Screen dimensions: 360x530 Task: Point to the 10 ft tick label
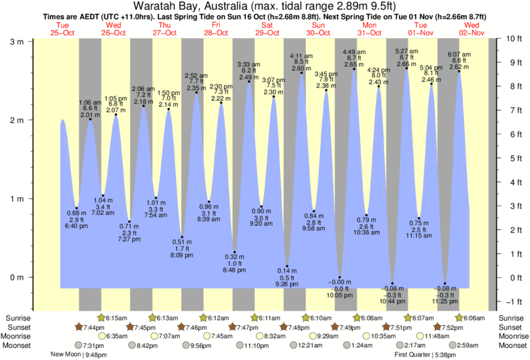[511, 39]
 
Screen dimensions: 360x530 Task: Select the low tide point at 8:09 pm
[181, 237]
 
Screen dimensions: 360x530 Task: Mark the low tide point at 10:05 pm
[340, 277]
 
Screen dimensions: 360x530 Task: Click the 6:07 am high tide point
[458, 71]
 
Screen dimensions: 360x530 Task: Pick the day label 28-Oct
[217, 33]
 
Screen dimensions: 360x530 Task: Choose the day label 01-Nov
[420, 33]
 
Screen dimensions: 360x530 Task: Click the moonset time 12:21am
[309, 345]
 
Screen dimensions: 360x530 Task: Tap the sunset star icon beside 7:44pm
[78, 327]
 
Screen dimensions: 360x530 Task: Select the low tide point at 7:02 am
[103, 196]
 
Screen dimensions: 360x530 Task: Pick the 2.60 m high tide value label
[301, 68]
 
